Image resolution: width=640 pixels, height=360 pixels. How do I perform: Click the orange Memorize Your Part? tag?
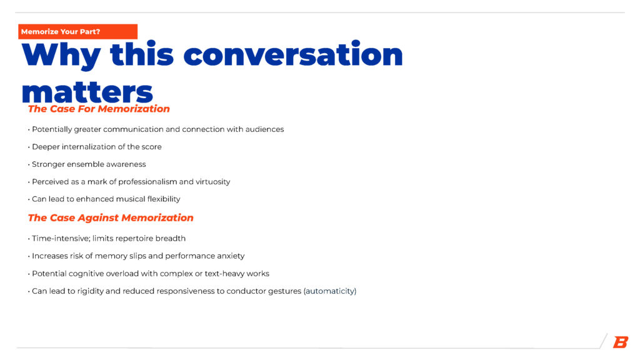pos(77,32)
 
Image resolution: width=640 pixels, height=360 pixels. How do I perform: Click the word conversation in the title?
pos(293,54)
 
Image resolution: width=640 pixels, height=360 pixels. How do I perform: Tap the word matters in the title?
pos(87,92)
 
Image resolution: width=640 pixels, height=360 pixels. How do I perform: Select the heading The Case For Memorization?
pos(99,109)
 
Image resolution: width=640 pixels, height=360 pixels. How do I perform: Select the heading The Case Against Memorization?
pos(111,218)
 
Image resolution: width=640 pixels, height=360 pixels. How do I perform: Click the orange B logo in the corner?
pos(621,342)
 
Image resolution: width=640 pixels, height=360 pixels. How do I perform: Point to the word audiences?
pos(264,129)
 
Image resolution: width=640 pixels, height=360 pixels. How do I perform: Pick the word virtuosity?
pos(212,182)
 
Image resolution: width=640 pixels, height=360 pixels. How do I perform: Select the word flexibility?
pos(164,199)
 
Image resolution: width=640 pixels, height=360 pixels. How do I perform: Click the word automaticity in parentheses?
pos(330,291)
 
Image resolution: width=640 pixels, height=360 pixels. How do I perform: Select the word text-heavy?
pos(224,274)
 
